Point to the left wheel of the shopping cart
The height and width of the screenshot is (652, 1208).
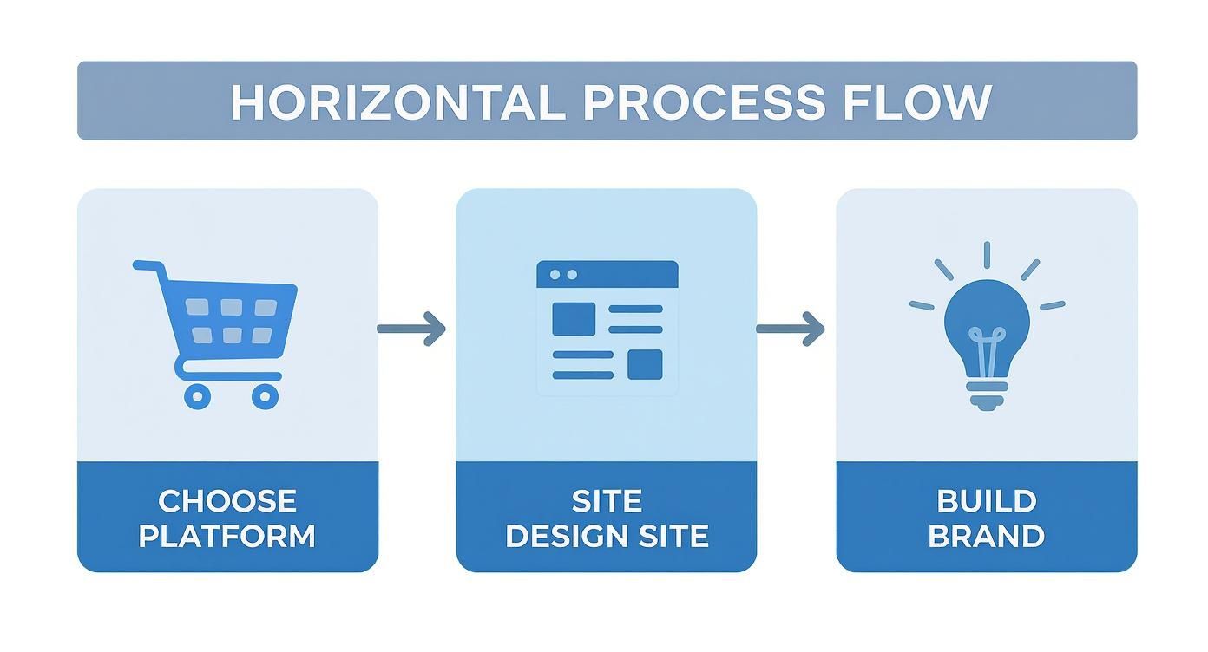pyautogui.click(x=197, y=396)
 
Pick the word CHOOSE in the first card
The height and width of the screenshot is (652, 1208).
pyautogui.click(x=227, y=501)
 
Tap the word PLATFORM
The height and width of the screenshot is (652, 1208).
pyautogui.click(x=227, y=536)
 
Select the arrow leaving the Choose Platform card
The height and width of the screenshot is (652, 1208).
pyautogui.click(x=411, y=329)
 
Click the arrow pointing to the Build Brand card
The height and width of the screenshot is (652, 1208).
pyautogui.click(x=790, y=329)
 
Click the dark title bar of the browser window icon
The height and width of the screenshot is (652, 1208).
pyautogui.click(x=607, y=274)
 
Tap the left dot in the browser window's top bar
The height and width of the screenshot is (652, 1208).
pyautogui.click(x=555, y=274)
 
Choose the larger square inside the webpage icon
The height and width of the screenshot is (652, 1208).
pyautogui.click(x=574, y=319)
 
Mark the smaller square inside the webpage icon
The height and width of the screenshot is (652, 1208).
pyautogui.click(x=645, y=364)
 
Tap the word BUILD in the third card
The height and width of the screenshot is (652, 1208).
pyautogui.click(x=987, y=501)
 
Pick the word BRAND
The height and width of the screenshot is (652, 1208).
pyautogui.click(x=987, y=536)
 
